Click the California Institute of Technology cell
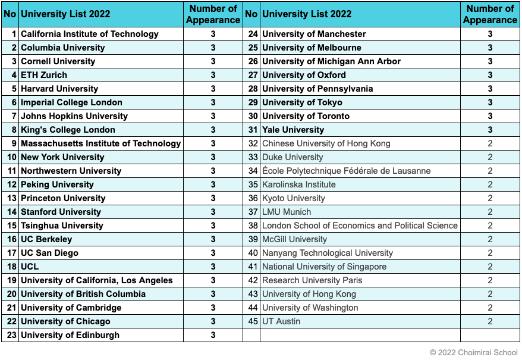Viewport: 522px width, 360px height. click(90, 34)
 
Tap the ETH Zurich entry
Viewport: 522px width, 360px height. click(44, 75)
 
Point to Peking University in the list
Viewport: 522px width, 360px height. click(57, 184)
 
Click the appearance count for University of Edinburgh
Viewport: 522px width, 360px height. click(213, 335)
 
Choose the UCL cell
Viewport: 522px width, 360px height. click(30, 267)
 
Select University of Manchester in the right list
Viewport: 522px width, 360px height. click(314, 34)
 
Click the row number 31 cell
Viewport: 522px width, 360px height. click(253, 130)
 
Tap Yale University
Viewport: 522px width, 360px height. click(293, 130)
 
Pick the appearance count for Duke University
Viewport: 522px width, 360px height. click(490, 157)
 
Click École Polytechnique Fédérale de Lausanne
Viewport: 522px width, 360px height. click(346, 171)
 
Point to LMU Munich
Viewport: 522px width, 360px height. click(287, 212)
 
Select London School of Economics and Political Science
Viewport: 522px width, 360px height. click(360, 226)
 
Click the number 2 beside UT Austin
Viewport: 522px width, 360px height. click(490, 321)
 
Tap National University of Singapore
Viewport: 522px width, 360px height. click(324, 267)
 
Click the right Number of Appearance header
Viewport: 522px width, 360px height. click(490, 14)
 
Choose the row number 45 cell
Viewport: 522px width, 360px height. click(253, 321)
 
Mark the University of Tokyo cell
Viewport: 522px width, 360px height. click(302, 102)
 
